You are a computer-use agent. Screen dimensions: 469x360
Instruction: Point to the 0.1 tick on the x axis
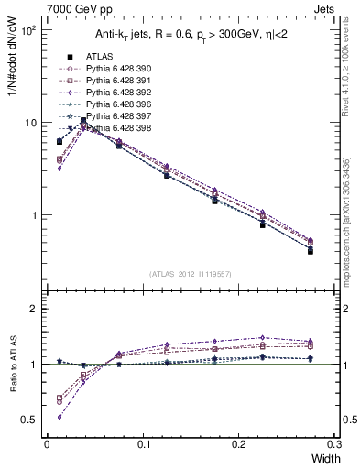point(144,446)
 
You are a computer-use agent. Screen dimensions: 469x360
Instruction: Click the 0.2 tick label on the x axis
point(240,446)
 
